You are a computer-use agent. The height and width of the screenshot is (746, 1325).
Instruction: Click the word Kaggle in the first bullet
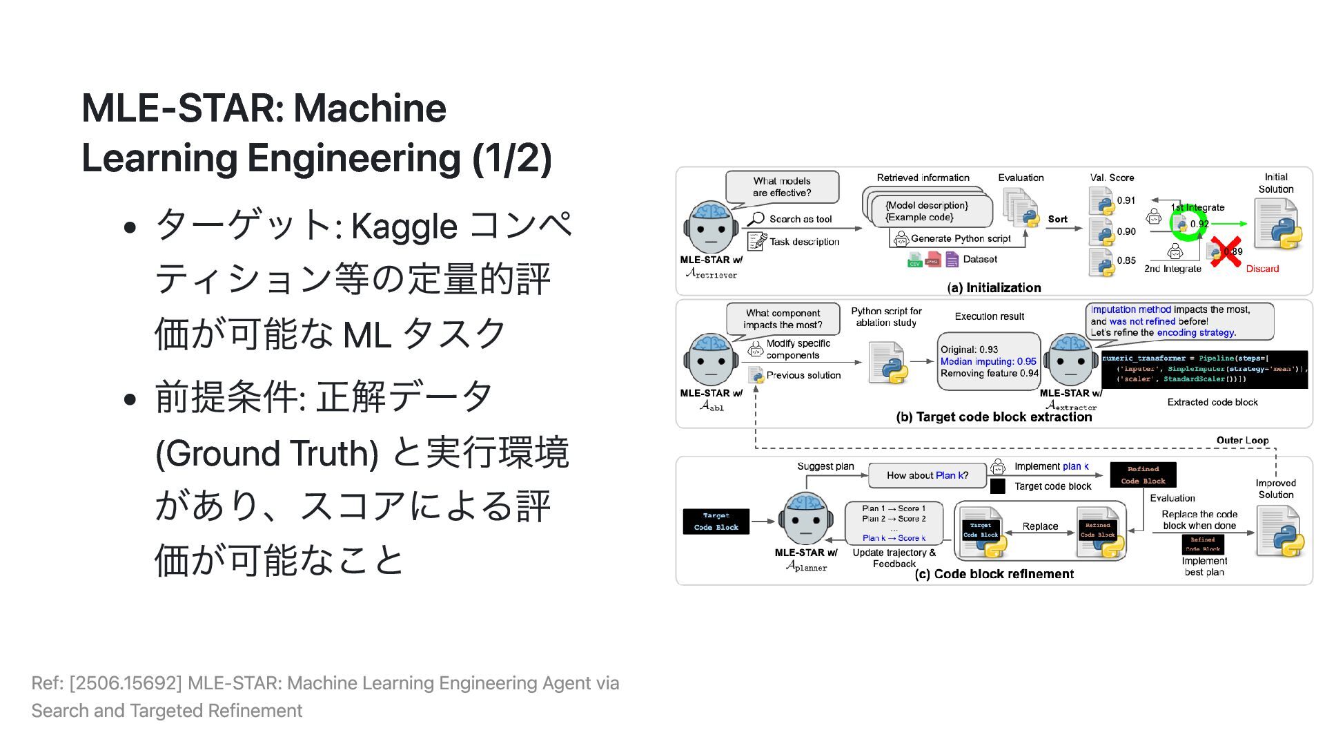pos(404,227)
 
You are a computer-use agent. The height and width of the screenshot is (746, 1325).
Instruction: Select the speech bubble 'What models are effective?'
pos(782,187)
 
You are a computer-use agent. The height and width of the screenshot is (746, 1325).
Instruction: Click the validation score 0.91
pos(1126,200)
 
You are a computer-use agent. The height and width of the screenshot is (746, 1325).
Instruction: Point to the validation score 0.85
pos(1126,260)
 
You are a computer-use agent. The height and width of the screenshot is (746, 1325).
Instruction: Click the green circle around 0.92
pos(1189,224)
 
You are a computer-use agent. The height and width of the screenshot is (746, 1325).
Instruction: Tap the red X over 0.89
pos(1226,252)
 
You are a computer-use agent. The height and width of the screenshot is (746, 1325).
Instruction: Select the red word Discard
pos(1262,269)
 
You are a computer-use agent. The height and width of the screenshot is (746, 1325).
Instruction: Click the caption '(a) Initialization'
pos(994,287)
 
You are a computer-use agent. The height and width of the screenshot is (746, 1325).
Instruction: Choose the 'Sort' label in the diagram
pos(1057,219)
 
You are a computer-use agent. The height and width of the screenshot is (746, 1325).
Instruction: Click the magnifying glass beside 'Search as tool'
pos(756,219)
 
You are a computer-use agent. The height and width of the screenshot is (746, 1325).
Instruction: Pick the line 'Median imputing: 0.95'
pos(988,361)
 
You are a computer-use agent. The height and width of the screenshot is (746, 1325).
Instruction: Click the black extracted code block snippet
pos(1204,369)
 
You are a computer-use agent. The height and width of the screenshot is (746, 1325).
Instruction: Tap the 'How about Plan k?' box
pos(927,475)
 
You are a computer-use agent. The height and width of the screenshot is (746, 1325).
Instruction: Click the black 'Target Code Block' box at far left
pos(716,522)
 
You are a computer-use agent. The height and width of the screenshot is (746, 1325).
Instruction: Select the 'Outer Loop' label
pos(1242,440)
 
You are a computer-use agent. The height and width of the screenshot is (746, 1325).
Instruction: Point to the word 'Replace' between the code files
pos(1040,526)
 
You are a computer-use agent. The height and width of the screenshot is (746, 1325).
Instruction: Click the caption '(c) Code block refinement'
pos(994,574)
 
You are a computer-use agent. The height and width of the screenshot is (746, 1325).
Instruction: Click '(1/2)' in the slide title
pos(511,158)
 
